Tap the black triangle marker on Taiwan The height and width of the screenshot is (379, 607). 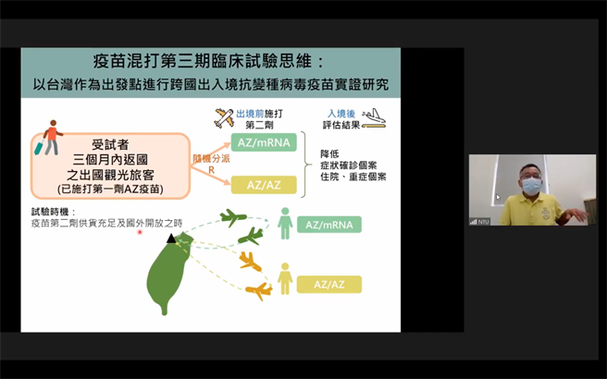tap(170, 239)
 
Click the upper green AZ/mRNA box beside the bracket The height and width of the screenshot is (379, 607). tap(263, 142)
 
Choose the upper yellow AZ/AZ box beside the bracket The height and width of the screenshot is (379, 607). tap(263, 185)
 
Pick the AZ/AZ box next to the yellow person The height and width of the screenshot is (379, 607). tap(328, 284)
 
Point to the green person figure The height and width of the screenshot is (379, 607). tap(286, 223)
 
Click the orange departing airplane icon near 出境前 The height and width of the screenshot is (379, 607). tap(224, 117)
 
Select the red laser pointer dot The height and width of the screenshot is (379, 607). tap(140, 233)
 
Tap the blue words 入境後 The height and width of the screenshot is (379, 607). tap(342, 112)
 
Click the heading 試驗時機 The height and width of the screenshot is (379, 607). tap(48, 211)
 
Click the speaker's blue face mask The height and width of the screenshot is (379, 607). tap(531, 187)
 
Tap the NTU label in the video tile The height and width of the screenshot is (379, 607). tap(482, 221)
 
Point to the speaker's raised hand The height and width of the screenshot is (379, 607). tap(576, 214)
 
